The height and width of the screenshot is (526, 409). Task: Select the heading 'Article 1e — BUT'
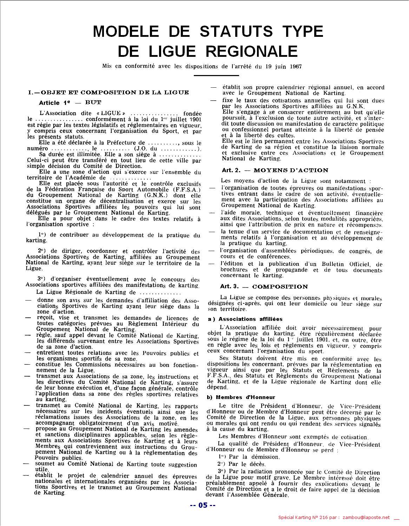[x=70, y=102]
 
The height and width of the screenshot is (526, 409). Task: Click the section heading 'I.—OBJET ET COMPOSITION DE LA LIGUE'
[x=108, y=93]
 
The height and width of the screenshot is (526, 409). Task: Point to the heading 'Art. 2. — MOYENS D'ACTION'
[x=275, y=170]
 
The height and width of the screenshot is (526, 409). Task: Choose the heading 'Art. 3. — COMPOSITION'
[x=264, y=286]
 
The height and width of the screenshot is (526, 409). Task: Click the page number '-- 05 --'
[x=203, y=505]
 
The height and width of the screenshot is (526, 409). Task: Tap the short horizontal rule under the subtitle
[x=211, y=75]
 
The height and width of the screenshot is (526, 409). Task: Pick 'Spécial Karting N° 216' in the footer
[x=302, y=517]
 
